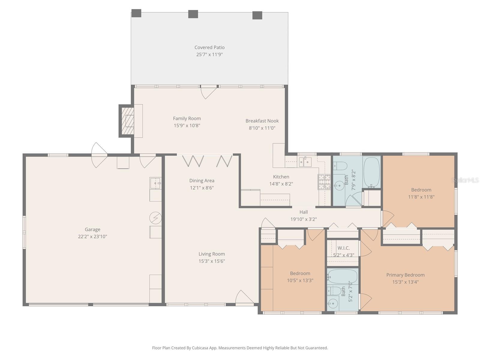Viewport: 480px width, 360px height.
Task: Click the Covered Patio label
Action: [x=209, y=47]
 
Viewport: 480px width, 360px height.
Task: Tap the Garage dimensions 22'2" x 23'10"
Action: [x=92, y=236]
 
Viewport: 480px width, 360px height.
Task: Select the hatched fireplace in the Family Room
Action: [x=127, y=121]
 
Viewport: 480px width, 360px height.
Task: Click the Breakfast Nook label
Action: [x=262, y=121]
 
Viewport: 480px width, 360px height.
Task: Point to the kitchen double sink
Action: [x=305, y=162]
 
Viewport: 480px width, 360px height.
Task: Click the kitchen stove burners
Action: [x=324, y=182]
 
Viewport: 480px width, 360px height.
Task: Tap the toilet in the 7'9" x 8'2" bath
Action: [x=340, y=166]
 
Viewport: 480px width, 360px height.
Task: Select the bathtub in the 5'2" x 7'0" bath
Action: [x=342, y=277]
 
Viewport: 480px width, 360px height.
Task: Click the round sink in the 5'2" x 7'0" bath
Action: [x=332, y=304]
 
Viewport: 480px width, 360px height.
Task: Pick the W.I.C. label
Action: [x=343, y=248]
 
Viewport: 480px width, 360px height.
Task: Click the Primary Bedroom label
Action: [x=405, y=275]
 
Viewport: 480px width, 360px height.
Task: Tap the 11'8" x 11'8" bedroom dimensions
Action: [x=421, y=197]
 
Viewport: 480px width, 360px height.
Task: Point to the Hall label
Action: [x=304, y=212]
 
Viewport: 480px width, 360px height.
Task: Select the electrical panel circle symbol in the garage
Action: [x=155, y=218]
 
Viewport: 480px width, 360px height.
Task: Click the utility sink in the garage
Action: [x=155, y=183]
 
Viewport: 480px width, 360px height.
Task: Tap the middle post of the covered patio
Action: [x=193, y=14]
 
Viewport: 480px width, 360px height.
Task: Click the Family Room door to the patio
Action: [x=208, y=91]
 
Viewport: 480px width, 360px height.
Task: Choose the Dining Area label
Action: [x=202, y=181]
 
